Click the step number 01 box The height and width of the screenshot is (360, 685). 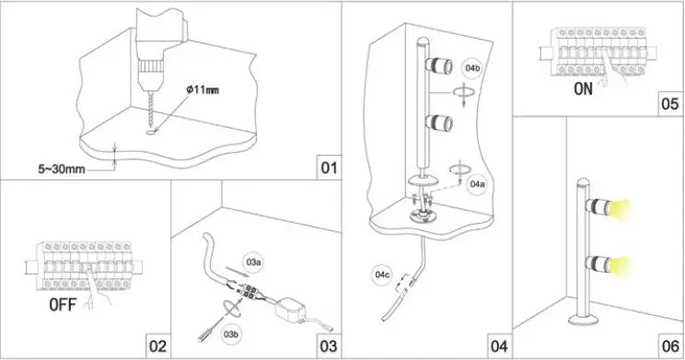[x=329, y=168]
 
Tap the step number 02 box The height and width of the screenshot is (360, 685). [x=157, y=345]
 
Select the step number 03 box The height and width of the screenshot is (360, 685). [x=329, y=345]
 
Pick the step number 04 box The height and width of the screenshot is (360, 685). [x=499, y=345]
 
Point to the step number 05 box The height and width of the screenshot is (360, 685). [x=670, y=104]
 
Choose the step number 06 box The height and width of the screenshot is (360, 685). [x=670, y=345]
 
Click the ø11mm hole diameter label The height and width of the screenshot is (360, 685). [x=203, y=90]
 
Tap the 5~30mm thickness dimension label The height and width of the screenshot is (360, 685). [x=62, y=168]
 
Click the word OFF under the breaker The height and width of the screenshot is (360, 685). [x=63, y=305]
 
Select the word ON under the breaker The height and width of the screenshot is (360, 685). [x=583, y=89]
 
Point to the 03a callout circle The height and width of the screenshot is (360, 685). [x=254, y=262]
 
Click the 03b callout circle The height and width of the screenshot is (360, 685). [x=230, y=334]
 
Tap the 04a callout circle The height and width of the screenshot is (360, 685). [x=477, y=184]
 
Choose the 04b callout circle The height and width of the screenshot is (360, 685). [x=472, y=68]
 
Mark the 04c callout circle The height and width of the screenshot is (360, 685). [x=382, y=274]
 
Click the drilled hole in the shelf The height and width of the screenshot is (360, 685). [x=151, y=131]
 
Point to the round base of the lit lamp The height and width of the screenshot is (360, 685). [x=583, y=320]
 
